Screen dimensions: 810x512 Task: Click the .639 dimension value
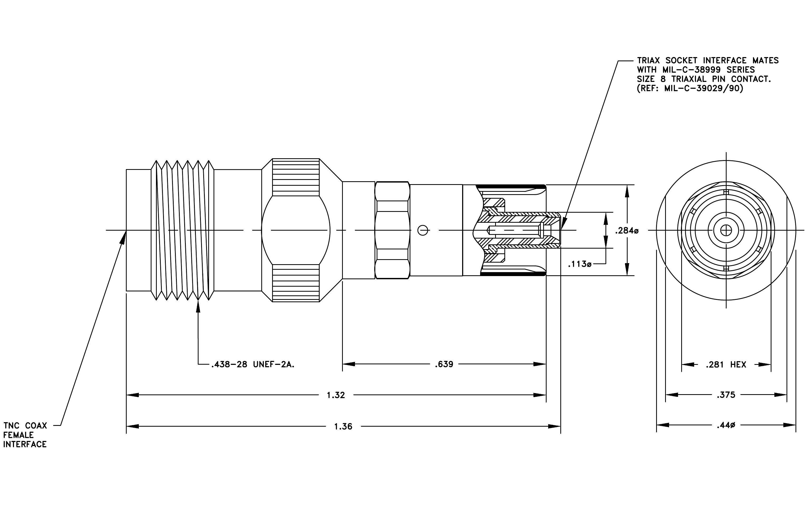(444, 364)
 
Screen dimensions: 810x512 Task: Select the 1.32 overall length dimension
(336, 395)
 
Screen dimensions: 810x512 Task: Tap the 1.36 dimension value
(343, 426)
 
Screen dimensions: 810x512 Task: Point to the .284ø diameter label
(627, 231)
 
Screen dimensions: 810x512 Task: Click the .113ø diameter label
(580, 264)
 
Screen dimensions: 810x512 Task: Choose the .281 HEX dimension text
(726, 365)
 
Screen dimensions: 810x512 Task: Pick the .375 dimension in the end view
(726, 395)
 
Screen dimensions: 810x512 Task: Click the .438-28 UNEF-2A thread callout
(253, 365)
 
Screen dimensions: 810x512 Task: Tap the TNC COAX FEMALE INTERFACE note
(25, 435)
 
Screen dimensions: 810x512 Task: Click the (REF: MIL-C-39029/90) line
(690, 89)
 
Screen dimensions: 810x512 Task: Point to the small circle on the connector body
(423, 230)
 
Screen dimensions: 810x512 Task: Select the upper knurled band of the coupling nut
(296, 177)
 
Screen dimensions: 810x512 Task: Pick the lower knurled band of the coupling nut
(296, 283)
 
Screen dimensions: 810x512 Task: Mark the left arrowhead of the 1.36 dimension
(132, 426)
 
